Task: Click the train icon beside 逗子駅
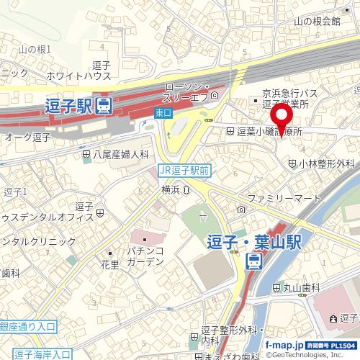coord(104,106)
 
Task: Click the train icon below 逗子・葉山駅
coord(256,262)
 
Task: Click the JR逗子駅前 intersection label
coord(184,171)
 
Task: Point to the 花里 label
coord(109,264)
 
